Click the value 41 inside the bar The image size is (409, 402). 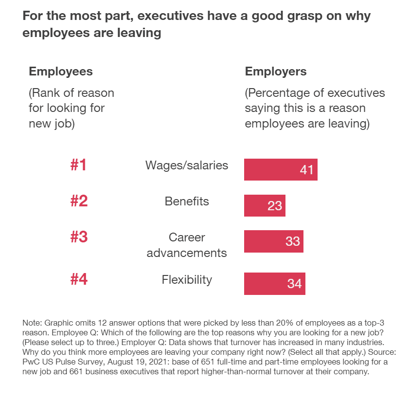tap(306, 170)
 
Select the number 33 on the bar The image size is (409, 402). tap(292, 241)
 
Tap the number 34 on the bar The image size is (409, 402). tap(294, 284)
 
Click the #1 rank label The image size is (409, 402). tap(79, 165)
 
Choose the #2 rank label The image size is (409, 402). tap(79, 201)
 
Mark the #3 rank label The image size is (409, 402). tap(79, 237)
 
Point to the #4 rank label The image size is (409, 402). tap(79, 280)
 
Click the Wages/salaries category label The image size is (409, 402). tap(187, 165)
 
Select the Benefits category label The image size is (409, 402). tap(187, 201)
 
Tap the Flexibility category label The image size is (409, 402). tap(187, 280)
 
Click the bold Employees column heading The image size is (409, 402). tap(61, 72)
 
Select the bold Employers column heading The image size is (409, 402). tap(276, 72)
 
